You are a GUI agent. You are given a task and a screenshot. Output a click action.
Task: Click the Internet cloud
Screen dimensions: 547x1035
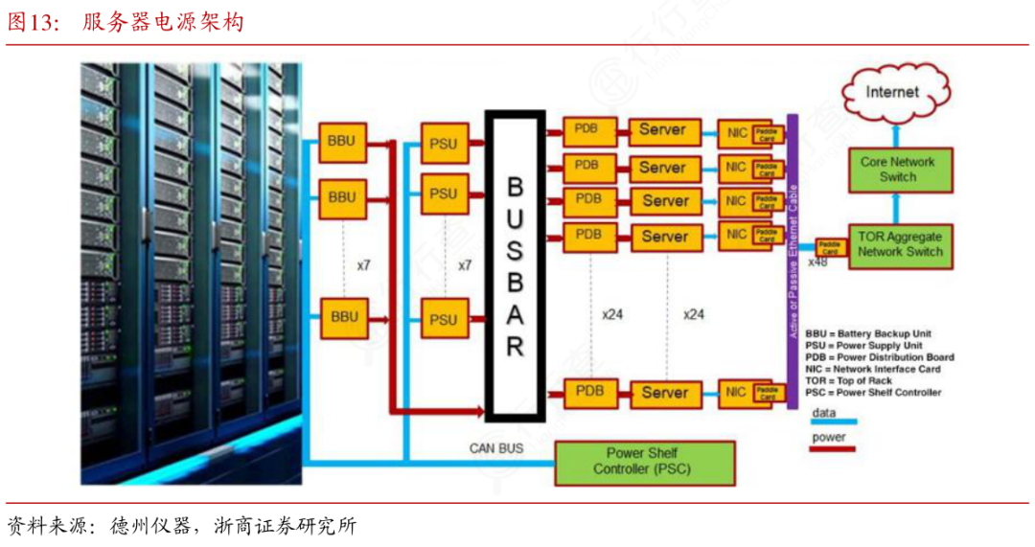891,93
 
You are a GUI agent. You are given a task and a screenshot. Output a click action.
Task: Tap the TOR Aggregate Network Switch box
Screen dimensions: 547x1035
900,244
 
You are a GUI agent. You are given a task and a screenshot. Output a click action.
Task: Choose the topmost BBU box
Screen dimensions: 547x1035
342,142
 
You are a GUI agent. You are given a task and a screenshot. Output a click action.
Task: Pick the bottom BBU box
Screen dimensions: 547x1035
342,316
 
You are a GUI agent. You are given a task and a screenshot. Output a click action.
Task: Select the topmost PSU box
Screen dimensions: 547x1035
444,144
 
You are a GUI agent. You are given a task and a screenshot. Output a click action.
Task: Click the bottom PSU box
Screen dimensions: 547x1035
444,318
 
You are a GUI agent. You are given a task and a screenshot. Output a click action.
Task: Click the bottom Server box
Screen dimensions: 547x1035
664,392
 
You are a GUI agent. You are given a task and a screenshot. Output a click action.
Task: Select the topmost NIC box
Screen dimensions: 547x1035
735,133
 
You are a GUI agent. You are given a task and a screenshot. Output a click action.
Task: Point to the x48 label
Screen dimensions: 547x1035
817,262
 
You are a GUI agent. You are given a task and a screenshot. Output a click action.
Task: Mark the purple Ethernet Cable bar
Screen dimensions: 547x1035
792,261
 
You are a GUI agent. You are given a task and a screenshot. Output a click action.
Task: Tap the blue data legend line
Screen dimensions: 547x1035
833,422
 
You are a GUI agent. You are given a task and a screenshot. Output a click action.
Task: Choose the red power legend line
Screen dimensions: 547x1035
833,447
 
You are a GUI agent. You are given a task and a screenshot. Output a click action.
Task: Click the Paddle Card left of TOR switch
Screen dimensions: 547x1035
829,245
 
